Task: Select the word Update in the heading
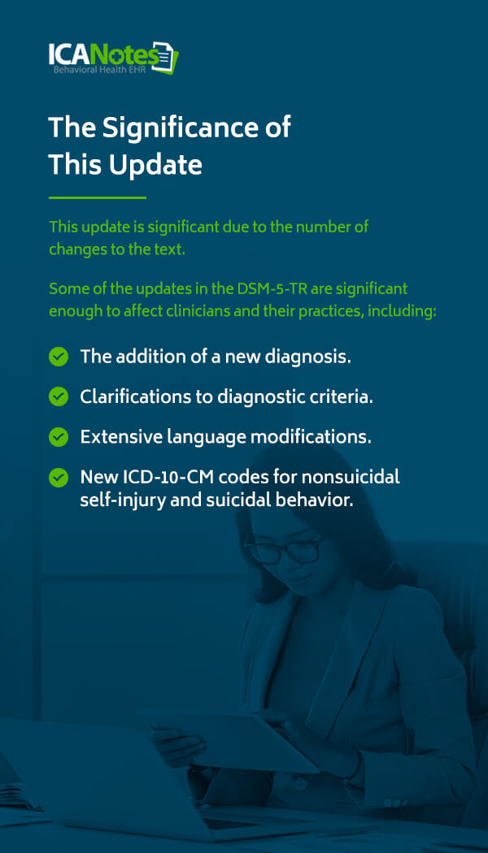click(156, 164)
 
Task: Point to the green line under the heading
click(97, 197)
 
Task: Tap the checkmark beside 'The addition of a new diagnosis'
click(59, 357)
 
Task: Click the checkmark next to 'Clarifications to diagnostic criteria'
click(59, 396)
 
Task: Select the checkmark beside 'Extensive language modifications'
click(59, 437)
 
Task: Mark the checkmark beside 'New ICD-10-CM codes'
click(59, 478)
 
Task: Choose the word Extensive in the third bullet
click(115, 437)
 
